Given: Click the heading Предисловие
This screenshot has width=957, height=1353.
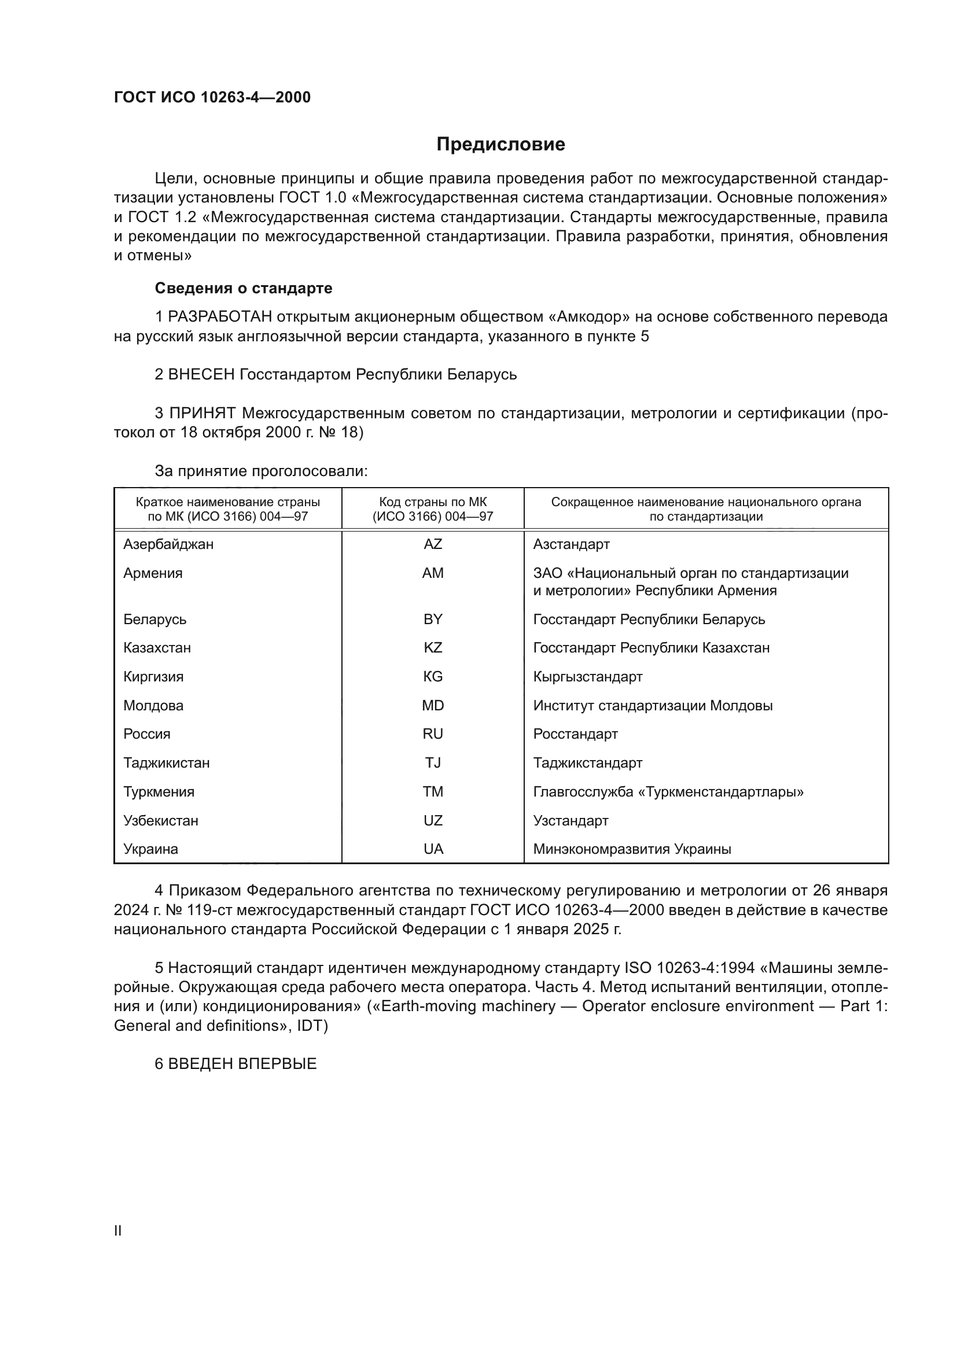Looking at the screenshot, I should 500,145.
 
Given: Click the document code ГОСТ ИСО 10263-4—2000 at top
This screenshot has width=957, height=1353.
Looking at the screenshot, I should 212,97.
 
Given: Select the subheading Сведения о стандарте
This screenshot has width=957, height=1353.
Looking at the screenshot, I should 244,288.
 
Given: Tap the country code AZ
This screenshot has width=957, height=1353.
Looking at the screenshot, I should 433,544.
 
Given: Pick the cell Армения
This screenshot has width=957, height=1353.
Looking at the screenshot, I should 153,573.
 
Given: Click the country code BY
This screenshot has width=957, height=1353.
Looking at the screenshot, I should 433,620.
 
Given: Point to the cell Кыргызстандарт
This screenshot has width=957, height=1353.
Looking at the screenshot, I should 587,677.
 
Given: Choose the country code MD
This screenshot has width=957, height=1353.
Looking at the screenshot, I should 433,705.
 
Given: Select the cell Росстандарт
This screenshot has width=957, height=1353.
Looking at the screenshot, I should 575,734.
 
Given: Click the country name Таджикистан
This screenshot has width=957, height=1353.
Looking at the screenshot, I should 166,763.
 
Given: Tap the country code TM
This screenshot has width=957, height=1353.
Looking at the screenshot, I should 433,792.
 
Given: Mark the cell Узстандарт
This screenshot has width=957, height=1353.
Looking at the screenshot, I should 570,821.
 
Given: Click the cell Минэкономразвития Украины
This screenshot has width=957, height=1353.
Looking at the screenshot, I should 632,849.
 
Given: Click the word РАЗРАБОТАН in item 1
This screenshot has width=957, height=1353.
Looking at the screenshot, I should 220,317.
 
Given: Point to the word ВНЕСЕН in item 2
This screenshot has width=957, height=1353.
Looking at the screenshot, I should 201,375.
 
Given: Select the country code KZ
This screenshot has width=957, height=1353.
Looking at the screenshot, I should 433,648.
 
